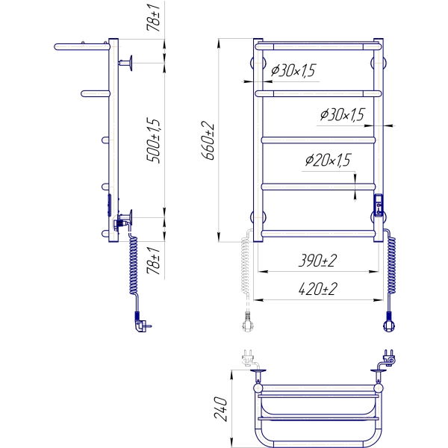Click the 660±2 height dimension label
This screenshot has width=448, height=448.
(208, 140)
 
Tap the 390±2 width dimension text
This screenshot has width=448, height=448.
(318, 261)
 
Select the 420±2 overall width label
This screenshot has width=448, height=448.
(318, 289)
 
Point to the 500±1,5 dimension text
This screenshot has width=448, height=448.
(153, 140)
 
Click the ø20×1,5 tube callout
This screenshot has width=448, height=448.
(328, 160)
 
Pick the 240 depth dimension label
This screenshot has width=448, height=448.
(221, 409)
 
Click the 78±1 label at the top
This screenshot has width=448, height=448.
(153, 18)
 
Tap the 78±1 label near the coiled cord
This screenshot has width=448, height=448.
(153, 261)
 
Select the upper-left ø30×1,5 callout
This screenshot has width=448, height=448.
(293, 71)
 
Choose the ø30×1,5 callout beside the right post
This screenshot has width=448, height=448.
(342, 114)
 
